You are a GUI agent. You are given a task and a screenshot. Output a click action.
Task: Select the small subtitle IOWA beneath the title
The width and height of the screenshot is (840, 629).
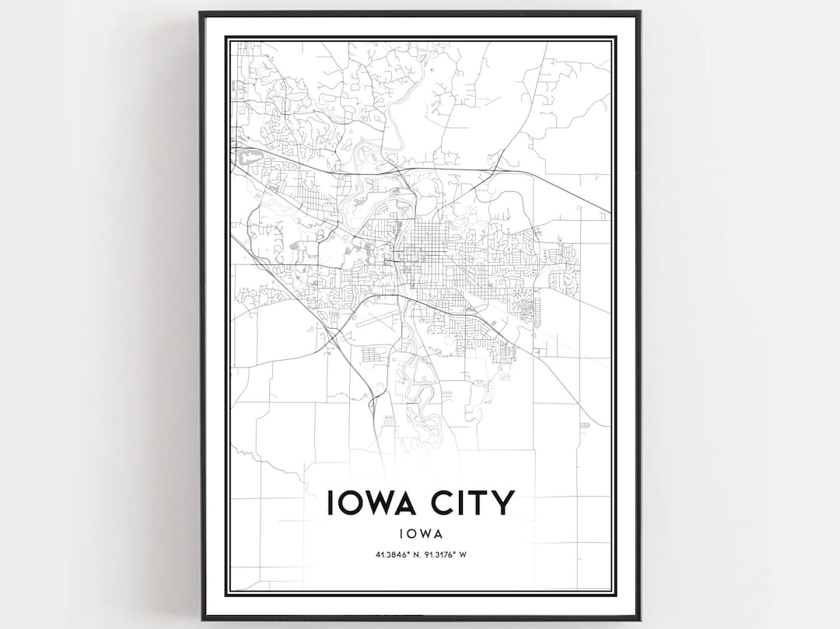[421, 534]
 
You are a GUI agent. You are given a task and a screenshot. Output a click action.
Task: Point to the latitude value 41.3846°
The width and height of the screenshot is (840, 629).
[388, 554]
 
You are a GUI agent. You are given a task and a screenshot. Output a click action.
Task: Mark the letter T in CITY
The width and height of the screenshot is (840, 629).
[482, 503]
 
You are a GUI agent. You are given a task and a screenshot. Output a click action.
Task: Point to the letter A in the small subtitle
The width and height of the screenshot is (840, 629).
[438, 534]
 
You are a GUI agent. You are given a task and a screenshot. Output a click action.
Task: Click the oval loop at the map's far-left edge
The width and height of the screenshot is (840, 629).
[249, 159]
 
